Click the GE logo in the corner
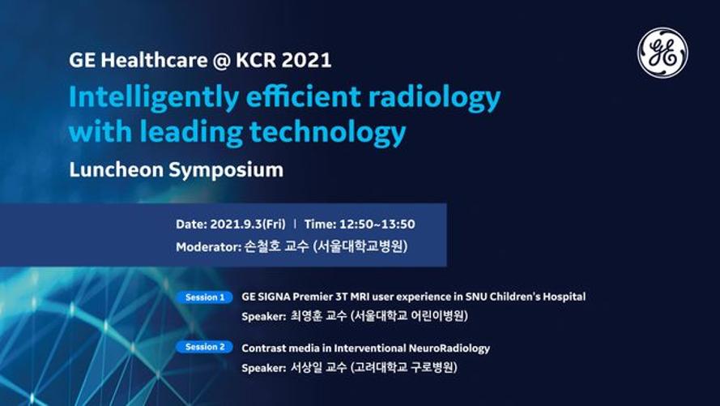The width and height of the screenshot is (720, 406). pos(662,53)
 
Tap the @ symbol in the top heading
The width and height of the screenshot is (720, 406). pos(222,61)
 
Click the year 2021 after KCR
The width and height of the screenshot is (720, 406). pos(306,60)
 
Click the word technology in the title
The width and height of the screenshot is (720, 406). pos(328,133)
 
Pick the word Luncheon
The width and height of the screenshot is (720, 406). pos(116,169)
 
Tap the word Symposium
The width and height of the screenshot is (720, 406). pos(226,170)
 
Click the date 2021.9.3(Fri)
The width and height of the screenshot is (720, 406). pos(248,224)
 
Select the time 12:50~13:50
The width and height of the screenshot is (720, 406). pos(377,224)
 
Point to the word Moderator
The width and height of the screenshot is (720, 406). pos(208,247)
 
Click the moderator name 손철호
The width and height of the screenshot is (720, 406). pos(262,246)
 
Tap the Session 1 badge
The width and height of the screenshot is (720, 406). pos(205,297)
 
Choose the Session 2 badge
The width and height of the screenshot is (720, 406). pos(205,347)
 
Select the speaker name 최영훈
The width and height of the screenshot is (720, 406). pos(306,316)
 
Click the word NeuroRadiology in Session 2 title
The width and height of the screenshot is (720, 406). pos(449,348)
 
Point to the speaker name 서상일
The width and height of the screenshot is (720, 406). pos(306,367)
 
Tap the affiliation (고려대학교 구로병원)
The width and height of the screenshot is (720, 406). pos(403,367)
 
